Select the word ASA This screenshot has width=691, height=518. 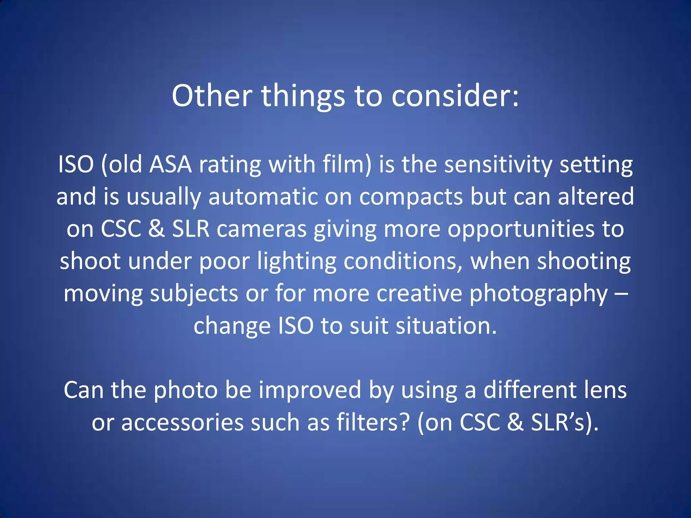coord(170,165)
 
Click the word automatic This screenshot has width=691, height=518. coord(263,197)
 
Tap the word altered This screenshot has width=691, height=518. coord(596,197)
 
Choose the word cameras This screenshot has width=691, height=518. coord(261,229)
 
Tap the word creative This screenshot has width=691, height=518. coord(419,293)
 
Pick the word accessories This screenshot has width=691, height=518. coord(182,423)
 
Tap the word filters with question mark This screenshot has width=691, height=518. coord(373,422)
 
